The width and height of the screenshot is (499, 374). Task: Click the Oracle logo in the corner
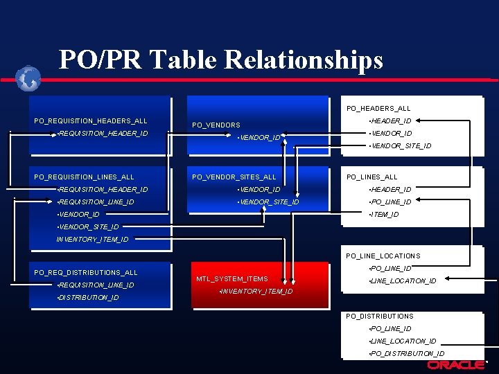455,365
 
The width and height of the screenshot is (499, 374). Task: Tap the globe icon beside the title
29,78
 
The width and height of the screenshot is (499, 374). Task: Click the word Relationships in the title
301,60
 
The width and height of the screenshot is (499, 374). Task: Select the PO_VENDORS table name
216,125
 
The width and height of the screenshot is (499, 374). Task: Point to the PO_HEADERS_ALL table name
378,108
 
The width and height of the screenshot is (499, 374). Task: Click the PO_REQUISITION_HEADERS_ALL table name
91,121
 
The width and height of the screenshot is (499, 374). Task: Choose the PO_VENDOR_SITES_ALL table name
234,177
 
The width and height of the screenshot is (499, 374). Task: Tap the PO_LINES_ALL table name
372,177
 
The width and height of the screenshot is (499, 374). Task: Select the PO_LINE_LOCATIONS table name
383,256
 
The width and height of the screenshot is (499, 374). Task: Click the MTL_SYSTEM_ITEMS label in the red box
231,279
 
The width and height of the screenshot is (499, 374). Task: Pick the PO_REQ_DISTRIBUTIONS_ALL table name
86,272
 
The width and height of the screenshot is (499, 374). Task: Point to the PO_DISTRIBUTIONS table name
380,316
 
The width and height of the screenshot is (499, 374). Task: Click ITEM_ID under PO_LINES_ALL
385,215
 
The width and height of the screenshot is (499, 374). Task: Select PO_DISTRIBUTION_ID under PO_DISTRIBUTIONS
408,353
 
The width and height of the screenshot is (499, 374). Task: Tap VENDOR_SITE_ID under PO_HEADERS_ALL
401,146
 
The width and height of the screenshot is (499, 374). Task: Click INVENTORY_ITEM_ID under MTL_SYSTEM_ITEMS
256,292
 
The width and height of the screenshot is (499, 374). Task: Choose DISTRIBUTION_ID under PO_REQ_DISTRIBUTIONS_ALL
88,298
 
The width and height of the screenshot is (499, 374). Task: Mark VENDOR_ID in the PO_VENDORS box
259,138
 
